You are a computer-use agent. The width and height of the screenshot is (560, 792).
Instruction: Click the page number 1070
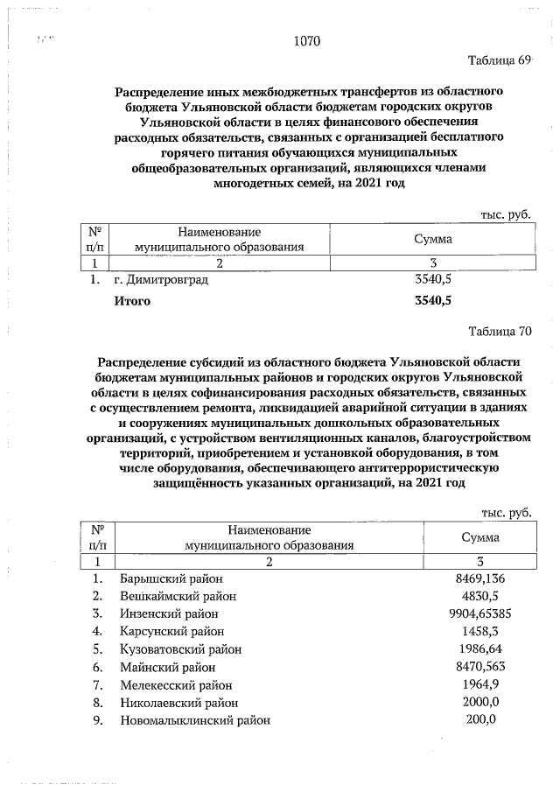coord(307,41)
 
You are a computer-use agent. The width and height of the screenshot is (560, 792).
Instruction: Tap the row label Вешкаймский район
coord(177,596)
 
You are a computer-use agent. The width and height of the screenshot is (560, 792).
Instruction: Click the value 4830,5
coord(476,596)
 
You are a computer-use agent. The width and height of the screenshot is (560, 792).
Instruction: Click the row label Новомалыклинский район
coord(194,720)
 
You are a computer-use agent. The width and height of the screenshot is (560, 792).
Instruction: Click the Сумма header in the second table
coord(478,537)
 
